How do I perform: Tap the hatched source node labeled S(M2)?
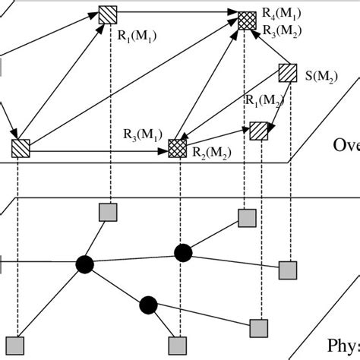pyautogui.click(x=288, y=73)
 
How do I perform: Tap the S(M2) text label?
pyautogui.click(x=322, y=76)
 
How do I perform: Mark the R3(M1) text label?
pyautogui.click(x=141, y=135)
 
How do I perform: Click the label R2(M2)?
pyautogui.click(x=211, y=153)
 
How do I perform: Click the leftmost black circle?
pyautogui.click(x=84, y=264)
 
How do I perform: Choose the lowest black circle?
pyautogui.click(x=148, y=305)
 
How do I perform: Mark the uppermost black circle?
pyautogui.click(x=182, y=252)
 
